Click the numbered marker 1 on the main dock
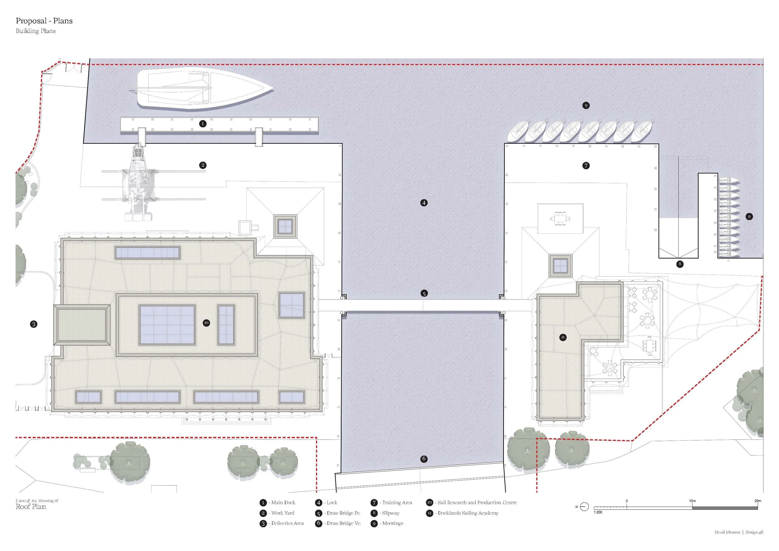pos(203,123)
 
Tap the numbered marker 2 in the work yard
pos(203,165)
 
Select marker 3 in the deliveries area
pos(34,324)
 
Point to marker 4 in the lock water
pos(424,203)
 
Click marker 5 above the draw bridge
pos(424,294)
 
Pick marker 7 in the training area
pos(586,165)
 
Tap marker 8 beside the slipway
pos(680,264)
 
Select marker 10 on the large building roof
pos(206,323)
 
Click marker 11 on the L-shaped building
pos(563,337)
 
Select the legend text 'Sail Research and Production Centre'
pos(477,502)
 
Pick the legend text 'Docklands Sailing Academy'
pos(468,513)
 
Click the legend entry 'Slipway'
pos(391,513)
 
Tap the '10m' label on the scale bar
pos(692,501)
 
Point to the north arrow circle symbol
pos(584,507)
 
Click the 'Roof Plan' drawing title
pos(31,506)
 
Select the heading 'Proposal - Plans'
pos(44,21)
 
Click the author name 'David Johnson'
pos(727,532)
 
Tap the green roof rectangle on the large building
pos(81,325)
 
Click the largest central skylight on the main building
pos(167,325)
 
